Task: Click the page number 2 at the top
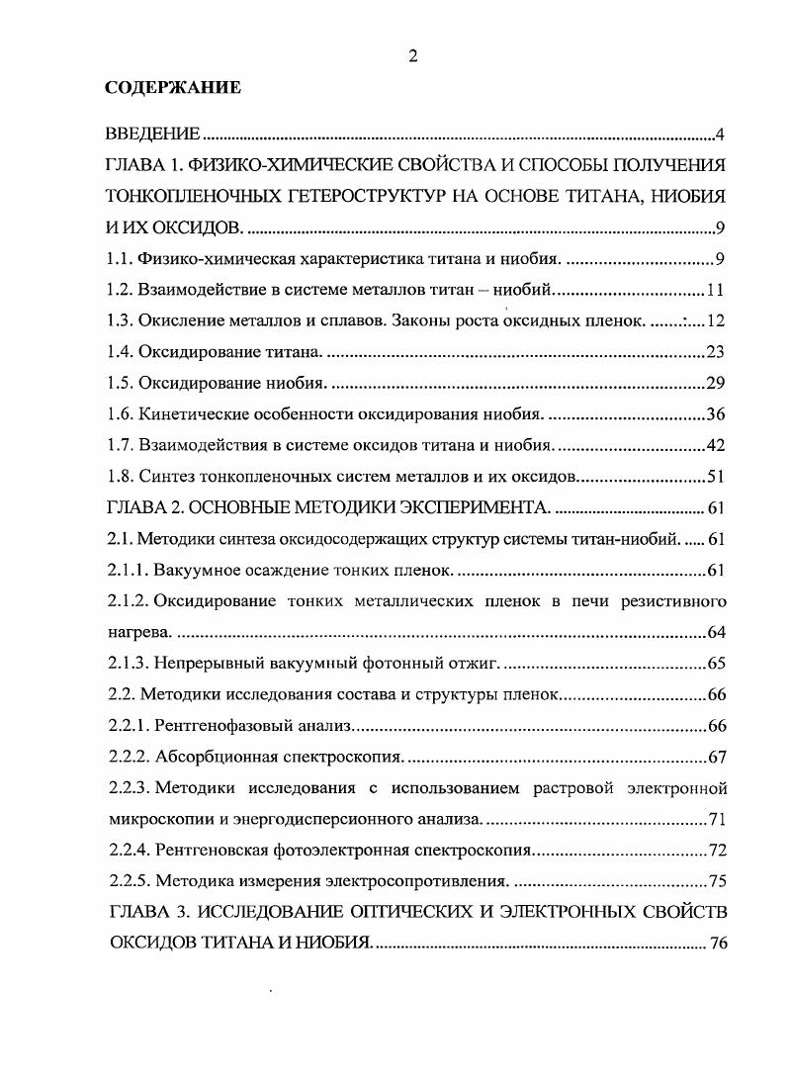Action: (x=412, y=56)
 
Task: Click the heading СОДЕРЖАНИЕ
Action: (x=173, y=88)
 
